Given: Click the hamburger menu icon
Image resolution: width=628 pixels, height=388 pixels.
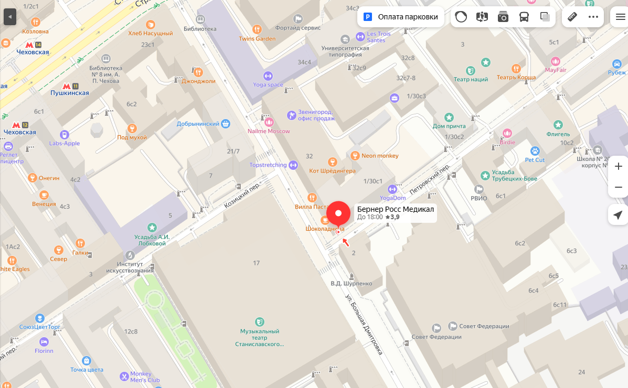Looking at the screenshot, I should tap(620, 17).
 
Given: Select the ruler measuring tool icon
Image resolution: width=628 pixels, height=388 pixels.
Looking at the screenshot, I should tap(572, 17).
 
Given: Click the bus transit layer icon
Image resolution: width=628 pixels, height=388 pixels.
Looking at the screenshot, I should tap(524, 17).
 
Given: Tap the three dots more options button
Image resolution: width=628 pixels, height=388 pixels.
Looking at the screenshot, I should tap(593, 17).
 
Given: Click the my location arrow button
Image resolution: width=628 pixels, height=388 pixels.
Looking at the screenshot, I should tap(618, 215).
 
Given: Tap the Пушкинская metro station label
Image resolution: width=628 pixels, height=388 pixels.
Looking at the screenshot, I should tap(70, 93).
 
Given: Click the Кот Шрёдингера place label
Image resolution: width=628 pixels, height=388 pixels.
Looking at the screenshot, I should tap(332, 170).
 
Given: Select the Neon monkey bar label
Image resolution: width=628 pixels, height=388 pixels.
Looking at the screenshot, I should tap(380, 156).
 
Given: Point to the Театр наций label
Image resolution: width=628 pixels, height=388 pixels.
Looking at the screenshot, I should tap(471, 79).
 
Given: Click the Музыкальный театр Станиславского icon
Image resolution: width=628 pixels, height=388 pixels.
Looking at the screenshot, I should tap(259, 321).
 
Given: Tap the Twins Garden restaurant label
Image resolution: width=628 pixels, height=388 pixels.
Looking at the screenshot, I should tap(257, 39).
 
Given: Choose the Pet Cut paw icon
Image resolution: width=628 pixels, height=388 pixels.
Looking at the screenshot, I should tap(535, 151).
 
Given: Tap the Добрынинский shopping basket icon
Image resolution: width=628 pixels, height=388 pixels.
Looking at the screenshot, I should tap(226, 124).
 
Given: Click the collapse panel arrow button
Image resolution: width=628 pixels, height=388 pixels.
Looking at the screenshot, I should tap(9, 17).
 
